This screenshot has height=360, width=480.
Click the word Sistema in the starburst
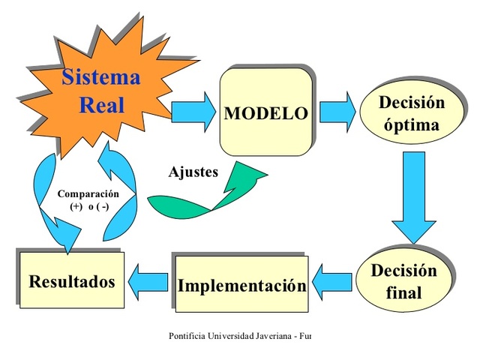tap(100, 76)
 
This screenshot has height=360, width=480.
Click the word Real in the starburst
tap(101, 103)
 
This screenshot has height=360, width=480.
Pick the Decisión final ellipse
tap(403, 280)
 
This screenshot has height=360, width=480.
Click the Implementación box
tap(241, 286)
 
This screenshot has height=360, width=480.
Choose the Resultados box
tap(72, 281)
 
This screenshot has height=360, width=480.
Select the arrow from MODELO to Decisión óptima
tap(337, 112)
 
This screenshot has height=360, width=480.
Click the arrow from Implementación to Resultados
tap(148, 281)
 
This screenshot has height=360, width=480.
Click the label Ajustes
tap(193, 172)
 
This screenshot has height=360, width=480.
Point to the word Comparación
tap(88, 193)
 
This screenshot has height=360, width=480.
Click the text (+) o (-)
tap(88, 206)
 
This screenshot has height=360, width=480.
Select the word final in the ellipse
tap(403, 292)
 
